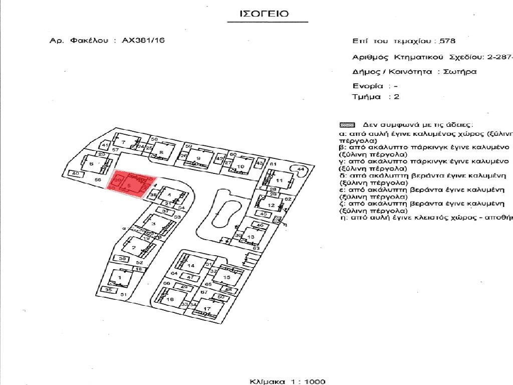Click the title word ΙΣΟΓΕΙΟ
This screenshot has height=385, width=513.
click(x=265, y=14)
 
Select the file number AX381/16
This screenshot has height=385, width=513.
click(x=143, y=41)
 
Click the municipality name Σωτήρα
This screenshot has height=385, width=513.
click(x=460, y=72)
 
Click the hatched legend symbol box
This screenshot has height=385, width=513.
click(x=347, y=125)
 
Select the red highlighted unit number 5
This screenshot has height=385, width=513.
click(x=129, y=186)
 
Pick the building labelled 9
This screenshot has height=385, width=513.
click(x=198, y=158)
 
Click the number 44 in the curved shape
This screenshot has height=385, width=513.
click(x=301, y=169)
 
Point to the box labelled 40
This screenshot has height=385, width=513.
click(x=76, y=173)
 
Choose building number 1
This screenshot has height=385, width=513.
click(x=120, y=277)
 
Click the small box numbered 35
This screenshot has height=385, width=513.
click(x=108, y=290)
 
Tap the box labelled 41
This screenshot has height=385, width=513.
click(x=105, y=145)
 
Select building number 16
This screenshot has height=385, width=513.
click(x=170, y=299)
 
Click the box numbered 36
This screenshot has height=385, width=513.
click(x=122, y=259)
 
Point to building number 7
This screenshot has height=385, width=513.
click(x=122, y=143)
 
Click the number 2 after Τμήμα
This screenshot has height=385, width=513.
click(x=397, y=97)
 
